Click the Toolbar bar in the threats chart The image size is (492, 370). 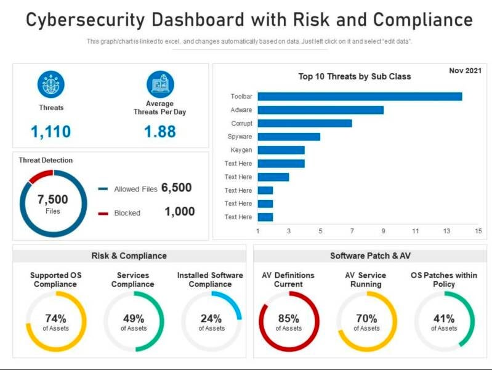coord(360,97)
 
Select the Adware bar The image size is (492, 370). coord(320,110)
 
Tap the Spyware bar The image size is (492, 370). coord(289,137)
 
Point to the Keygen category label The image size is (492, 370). coord(241,150)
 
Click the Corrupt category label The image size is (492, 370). coord(241,123)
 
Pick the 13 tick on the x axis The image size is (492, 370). coord(447,231)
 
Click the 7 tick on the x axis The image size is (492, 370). coord(352,231)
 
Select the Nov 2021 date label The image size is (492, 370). coord(465,71)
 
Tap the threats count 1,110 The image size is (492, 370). coord(50,131)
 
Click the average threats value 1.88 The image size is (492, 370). coord(159,131)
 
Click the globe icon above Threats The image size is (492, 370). coord(50,84)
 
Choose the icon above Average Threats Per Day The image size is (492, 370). coord(160,84)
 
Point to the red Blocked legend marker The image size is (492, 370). coord(103,213)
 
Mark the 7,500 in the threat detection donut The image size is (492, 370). coord(53,200)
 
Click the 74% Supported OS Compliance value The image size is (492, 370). coord(55,318)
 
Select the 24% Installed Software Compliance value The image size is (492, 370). coord(211,318)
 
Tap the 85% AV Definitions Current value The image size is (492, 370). coord(288,318)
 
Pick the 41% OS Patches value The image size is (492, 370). coord(444,318)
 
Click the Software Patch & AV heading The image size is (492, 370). coord(369,255)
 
